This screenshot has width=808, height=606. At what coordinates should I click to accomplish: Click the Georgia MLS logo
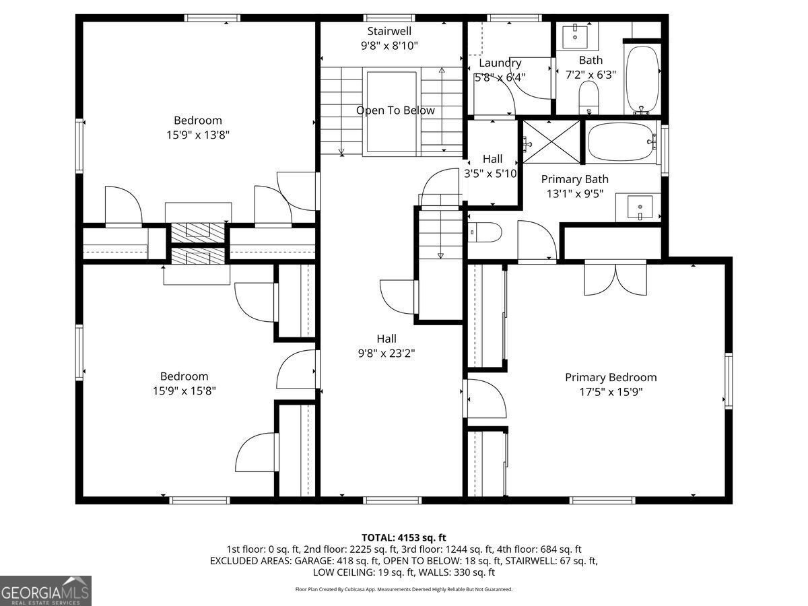[46, 591]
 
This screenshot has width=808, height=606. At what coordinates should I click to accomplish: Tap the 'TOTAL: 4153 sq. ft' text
[404, 537]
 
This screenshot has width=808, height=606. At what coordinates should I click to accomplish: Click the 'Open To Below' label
[395, 110]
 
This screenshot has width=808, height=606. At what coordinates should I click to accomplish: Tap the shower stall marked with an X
[551, 141]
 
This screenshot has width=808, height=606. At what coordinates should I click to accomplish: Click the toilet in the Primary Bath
[485, 232]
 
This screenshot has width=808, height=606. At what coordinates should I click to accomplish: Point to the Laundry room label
[500, 63]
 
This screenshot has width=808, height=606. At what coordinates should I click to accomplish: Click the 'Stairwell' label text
[389, 31]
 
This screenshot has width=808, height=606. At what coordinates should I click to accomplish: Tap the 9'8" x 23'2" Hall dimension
[386, 353]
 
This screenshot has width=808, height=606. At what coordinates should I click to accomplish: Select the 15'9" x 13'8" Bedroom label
[197, 135]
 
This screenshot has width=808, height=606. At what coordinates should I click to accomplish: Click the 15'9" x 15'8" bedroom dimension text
[184, 391]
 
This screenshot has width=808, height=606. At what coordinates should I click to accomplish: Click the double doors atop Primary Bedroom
[615, 276]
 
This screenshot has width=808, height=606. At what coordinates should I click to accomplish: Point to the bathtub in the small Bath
[642, 79]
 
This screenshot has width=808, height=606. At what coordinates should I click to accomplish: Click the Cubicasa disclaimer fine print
[404, 589]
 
